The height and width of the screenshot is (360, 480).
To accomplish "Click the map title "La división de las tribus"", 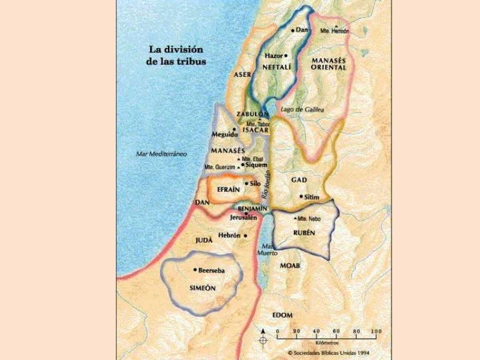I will click(177, 54).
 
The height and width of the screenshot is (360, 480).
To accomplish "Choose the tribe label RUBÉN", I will click(302, 232).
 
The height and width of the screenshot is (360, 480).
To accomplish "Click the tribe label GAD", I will click(299, 180).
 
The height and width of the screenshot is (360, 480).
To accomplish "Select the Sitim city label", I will click(312, 197).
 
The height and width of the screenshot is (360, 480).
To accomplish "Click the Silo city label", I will click(254, 184).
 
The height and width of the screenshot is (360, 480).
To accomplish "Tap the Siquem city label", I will click(256, 165).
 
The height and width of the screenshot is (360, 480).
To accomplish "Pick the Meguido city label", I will click(224, 134).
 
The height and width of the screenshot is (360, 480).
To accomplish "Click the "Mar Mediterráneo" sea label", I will click(162, 154).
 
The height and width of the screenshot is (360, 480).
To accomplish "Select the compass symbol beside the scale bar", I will click(263, 337).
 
